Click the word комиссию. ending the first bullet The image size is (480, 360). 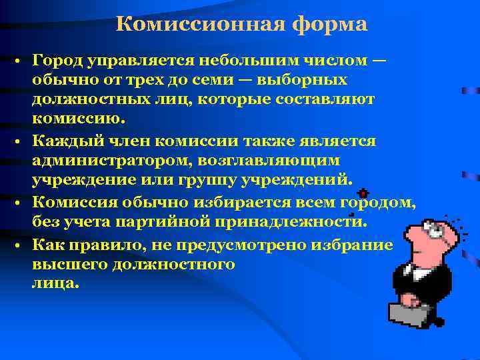coord(78,119)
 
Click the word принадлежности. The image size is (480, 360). coord(309,223)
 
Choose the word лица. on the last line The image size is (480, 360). coord(55,283)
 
